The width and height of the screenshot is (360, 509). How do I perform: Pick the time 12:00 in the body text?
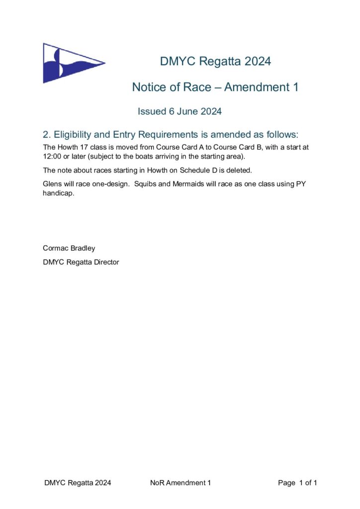point(52,157)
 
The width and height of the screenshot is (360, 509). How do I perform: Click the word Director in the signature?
point(104,262)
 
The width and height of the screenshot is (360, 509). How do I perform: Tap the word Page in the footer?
point(286,483)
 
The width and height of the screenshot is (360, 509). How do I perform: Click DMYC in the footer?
point(54,483)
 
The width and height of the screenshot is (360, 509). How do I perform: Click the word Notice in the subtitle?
point(149,87)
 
